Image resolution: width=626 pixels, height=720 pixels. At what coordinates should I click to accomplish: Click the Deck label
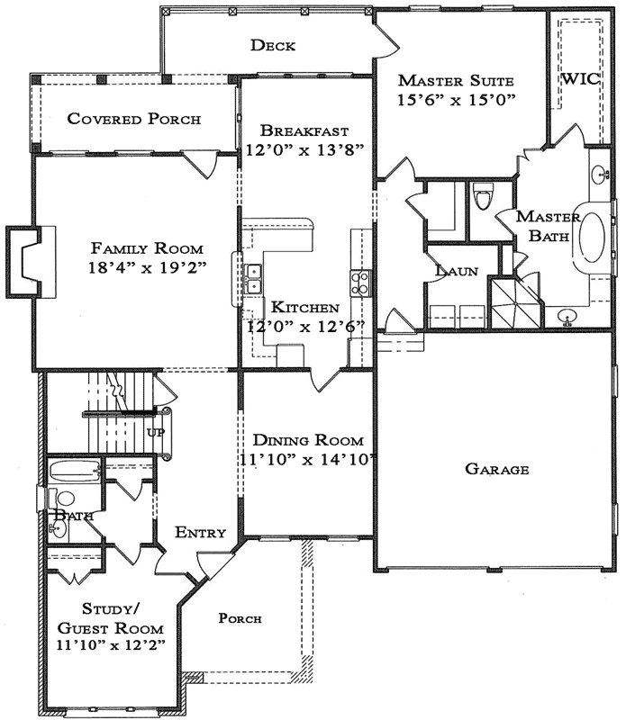[x=274, y=46]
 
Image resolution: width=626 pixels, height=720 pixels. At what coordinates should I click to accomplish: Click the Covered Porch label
[x=134, y=119]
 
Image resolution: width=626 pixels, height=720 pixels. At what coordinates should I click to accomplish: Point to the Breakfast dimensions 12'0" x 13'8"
[x=304, y=149]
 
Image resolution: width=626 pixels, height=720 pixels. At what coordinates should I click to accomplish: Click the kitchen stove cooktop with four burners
[x=360, y=283]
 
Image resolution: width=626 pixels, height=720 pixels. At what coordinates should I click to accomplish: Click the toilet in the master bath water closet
[x=484, y=196]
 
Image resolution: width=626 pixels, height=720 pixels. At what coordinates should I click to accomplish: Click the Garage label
[x=496, y=469]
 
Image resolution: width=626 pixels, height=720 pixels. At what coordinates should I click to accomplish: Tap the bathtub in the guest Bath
[x=75, y=472]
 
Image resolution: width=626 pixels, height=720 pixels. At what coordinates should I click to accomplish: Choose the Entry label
[x=200, y=532]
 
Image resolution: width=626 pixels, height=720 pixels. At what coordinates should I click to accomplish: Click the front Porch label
[x=240, y=618]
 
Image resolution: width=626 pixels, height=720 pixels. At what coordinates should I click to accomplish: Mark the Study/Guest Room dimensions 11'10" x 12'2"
[x=110, y=645]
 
